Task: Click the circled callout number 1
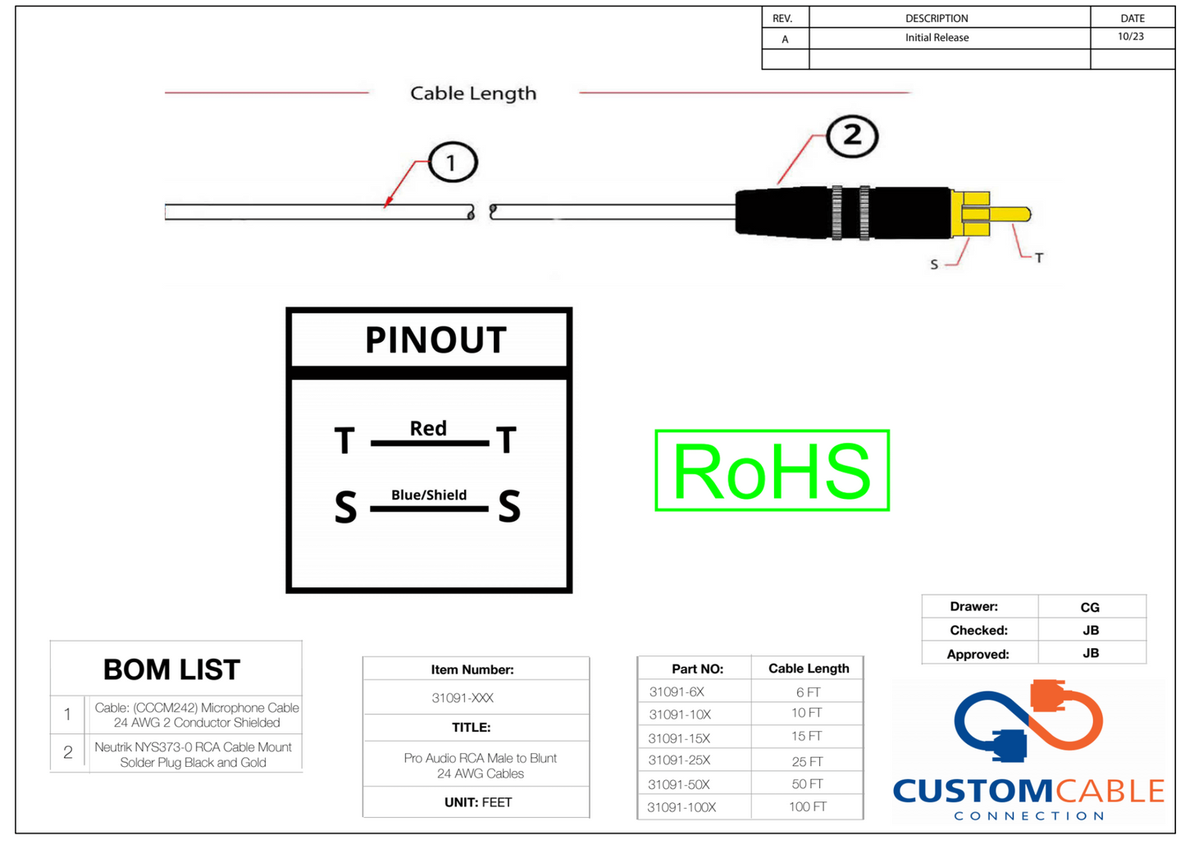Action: click(451, 162)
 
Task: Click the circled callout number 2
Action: click(852, 135)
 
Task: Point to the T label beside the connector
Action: click(1038, 258)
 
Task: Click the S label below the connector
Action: click(934, 264)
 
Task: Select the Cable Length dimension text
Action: click(473, 94)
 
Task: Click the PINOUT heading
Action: click(435, 340)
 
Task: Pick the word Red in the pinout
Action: click(428, 428)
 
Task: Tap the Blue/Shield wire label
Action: click(429, 495)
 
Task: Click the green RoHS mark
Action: click(772, 471)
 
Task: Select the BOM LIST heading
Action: click(171, 669)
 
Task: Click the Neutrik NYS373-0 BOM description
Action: click(193, 755)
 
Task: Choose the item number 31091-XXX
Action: click(463, 698)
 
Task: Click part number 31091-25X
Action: click(679, 760)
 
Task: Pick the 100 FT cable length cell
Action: click(808, 807)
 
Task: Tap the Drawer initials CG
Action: click(1090, 607)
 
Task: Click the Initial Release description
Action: click(937, 38)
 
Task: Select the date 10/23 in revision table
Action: click(1130, 37)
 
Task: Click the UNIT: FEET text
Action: click(477, 802)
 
